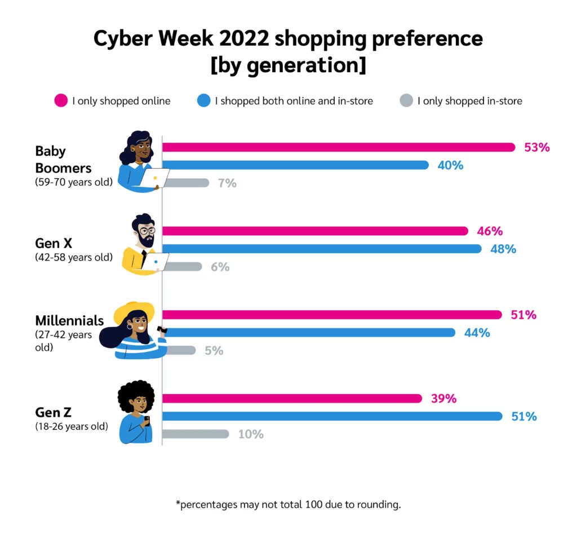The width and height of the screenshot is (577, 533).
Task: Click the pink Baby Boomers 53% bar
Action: coord(338,147)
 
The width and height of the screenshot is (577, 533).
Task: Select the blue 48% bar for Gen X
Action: coord(321,249)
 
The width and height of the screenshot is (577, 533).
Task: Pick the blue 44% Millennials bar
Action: coord(308,333)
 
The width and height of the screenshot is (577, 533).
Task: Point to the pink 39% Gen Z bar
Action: coord(291,399)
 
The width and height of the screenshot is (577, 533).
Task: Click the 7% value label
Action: coord(227,183)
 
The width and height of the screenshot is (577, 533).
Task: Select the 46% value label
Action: coord(489,231)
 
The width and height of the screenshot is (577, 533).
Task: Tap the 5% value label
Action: coord(214,351)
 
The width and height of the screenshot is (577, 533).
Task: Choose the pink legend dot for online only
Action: coord(60,101)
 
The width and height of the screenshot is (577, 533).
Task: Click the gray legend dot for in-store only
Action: coord(406,101)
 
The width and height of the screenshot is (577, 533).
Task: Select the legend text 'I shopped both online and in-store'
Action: coord(294,102)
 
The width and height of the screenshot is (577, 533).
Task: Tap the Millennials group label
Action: coord(69,320)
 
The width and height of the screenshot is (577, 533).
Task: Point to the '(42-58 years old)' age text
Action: coord(74,257)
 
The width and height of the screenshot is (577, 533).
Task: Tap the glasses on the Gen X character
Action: coord(147,231)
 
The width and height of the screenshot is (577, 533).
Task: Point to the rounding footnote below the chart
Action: coord(288,504)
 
